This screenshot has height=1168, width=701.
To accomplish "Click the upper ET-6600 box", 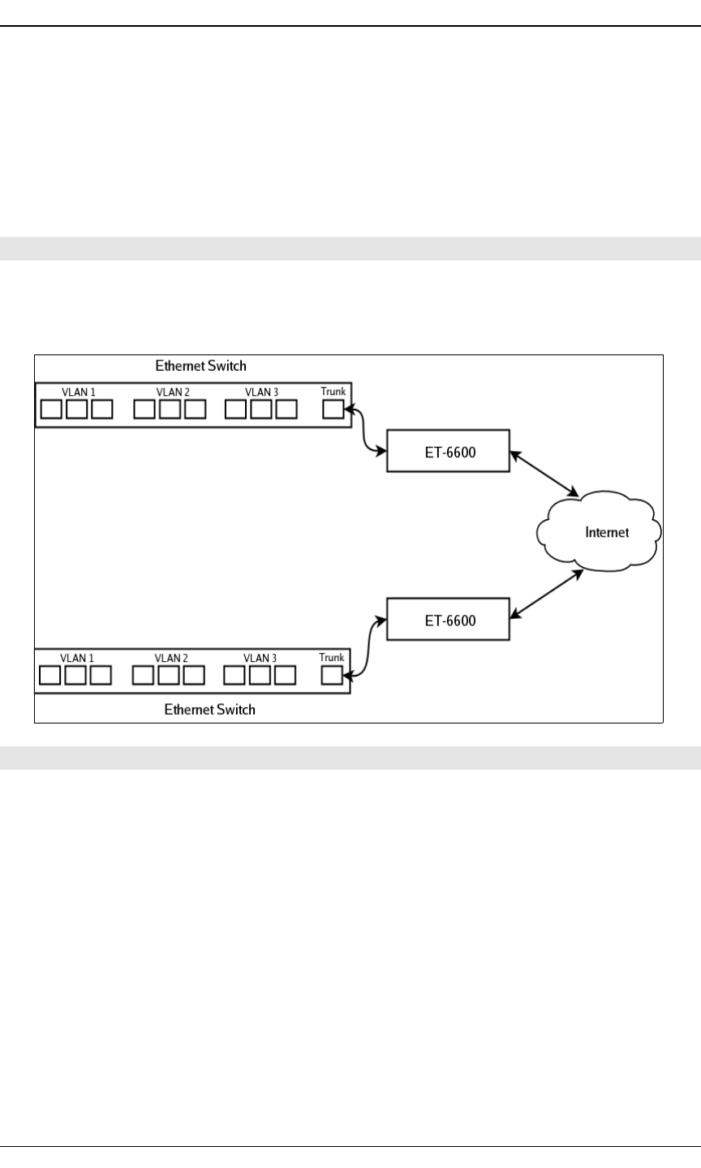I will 449,451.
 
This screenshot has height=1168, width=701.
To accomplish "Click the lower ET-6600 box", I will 449,620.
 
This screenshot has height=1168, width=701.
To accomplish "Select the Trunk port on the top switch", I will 333,409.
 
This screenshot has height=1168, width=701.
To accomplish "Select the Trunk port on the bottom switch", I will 331,675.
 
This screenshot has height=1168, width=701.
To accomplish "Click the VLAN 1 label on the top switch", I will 79,393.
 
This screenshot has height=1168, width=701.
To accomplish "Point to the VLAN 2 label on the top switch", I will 173,393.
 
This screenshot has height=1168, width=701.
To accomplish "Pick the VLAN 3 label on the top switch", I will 263,393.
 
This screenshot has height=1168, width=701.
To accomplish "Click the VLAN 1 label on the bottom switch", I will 77,659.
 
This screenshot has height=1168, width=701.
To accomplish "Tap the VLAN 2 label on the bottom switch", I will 171,659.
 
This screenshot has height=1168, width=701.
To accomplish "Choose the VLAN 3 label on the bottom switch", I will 261,659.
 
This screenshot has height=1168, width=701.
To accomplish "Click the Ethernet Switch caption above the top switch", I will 200,367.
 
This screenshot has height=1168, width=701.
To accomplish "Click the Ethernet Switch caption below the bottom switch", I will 209,710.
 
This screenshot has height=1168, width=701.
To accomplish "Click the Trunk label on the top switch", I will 333,392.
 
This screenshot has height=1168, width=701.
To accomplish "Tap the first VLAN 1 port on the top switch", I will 51,409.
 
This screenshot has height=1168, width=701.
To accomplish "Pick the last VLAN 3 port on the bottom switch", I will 285,675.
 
